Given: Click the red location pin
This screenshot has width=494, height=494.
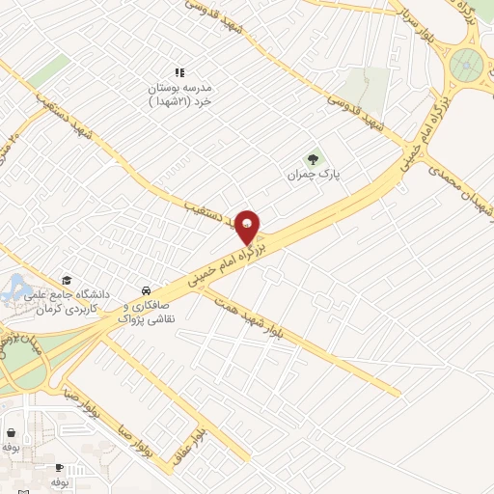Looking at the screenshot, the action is [x=248, y=226].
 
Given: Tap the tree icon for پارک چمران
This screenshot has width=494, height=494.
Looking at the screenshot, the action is [x=312, y=159].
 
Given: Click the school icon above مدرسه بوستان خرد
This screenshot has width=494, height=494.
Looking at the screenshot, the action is [x=178, y=72].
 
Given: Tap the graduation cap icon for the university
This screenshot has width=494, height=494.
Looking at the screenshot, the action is [x=67, y=279].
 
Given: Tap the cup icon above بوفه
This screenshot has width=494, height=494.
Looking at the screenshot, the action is [x=60, y=467].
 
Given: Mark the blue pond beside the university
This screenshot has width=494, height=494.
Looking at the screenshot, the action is [x=15, y=286].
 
